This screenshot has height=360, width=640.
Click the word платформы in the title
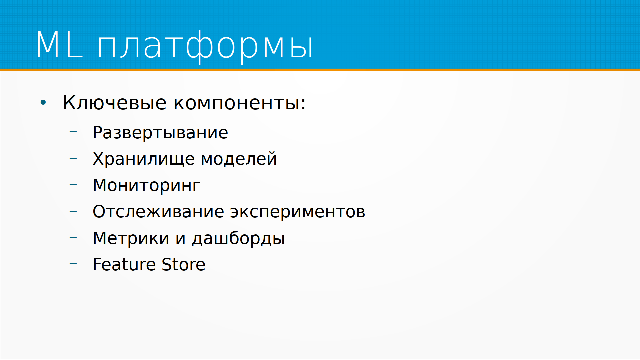coord(205,46)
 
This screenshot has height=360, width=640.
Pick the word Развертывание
coord(160,133)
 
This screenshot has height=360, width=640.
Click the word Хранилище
coord(144,159)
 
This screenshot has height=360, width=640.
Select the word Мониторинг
coord(147,185)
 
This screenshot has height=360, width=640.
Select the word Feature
coord(124,265)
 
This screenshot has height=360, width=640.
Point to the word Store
coord(184,265)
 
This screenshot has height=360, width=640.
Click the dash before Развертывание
coord(73,132)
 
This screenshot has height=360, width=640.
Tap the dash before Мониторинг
coord(73,185)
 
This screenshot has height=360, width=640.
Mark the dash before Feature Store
coord(73,264)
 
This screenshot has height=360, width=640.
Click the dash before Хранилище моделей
coord(73,158)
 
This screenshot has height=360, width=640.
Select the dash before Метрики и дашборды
coord(73,238)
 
